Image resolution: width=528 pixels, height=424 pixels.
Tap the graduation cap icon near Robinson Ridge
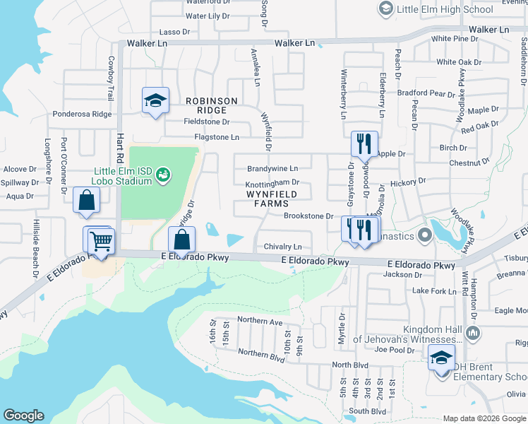[155, 100]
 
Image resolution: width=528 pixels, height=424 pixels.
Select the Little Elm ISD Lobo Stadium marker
[163, 173]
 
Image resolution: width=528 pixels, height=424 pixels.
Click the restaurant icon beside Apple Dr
[364, 143]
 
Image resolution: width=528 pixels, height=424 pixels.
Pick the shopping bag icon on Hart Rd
[86, 200]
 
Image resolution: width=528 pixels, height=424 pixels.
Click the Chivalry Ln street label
[282, 247]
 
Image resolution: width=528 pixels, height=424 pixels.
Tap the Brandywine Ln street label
[272, 169]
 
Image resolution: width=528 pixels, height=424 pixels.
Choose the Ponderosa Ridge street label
[82, 114]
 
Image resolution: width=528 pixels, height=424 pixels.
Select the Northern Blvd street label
[261, 353]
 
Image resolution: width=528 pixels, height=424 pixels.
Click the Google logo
[23, 416]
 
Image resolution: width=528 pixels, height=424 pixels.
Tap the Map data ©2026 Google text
[484, 418]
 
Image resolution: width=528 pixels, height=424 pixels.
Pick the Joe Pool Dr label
[392, 349]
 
